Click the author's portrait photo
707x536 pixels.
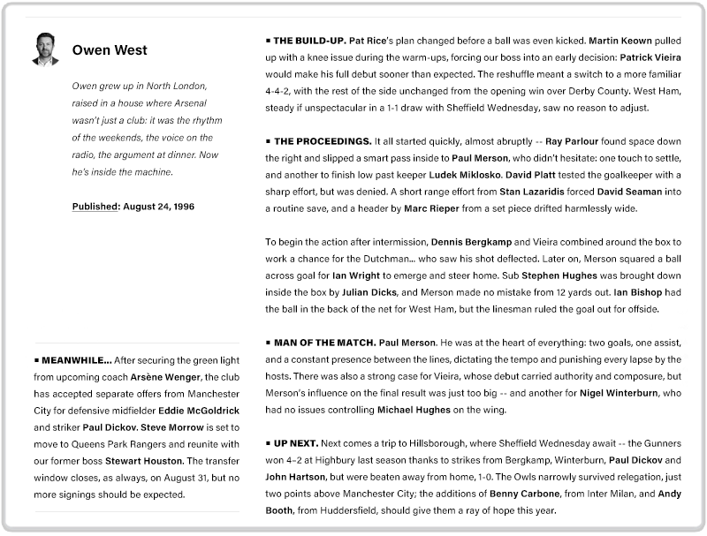[45, 49]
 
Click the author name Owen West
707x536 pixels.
[110, 50]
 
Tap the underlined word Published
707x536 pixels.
[95, 206]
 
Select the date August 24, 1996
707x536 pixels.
[158, 206]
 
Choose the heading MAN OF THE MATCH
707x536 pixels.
[323, 342]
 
